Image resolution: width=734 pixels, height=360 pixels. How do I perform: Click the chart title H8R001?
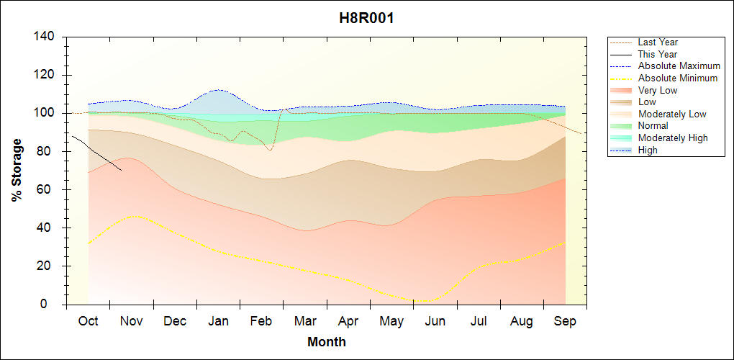pyautogui.click(x=366, y=18)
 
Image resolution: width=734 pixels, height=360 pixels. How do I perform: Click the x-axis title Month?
pyautogui.click(x=327, y=342)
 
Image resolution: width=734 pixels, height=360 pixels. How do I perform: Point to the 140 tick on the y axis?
pyautogui.click(x=48, y=37)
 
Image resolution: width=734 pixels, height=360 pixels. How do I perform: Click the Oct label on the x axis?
pyautogui.click(x=88, y=321)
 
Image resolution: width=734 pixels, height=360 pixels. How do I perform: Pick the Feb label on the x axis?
pyautogui.click(x=261, y=321)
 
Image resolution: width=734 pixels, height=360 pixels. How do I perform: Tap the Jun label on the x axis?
pyautogui.click(x=435, y=321)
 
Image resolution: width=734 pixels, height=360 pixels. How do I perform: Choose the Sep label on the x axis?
pyautogui.click(x=565, y=321)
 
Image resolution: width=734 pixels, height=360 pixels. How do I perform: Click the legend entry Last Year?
pyautogui.click(x=657, y=42)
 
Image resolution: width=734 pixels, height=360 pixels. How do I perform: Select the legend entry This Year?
pyautogui.click(x=657, y=54)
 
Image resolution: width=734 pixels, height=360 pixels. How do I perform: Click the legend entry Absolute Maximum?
pyautogui.click(x=679, y=66)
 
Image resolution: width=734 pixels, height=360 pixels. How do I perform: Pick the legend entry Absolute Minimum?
pyautogui.click(x=678, y=78)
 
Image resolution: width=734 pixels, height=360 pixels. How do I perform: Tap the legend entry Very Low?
pyautogui.click(x=657, y=90)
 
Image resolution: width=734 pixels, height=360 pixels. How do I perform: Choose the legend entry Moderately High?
pyautogui.click(x=673, y=138)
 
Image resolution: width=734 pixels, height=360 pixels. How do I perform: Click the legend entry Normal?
pyautogui.click(x=653, y=126)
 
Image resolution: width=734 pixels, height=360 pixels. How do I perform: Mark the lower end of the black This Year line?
pyautogui.click(x=122, y=171)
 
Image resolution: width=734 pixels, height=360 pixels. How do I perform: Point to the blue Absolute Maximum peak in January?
pyautogui.click(x=217, y=90)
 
